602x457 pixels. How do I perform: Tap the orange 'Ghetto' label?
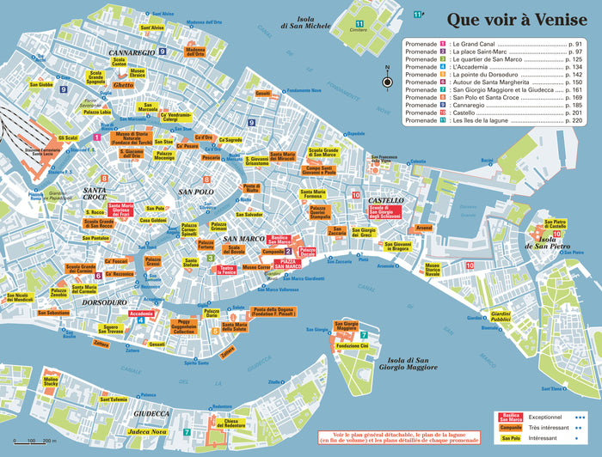(123, 86)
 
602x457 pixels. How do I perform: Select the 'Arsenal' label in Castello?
(424, 228)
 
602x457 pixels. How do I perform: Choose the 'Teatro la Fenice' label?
(228, 270)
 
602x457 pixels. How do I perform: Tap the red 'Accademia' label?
(141, 314)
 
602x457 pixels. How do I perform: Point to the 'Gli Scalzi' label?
(68, 137)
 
